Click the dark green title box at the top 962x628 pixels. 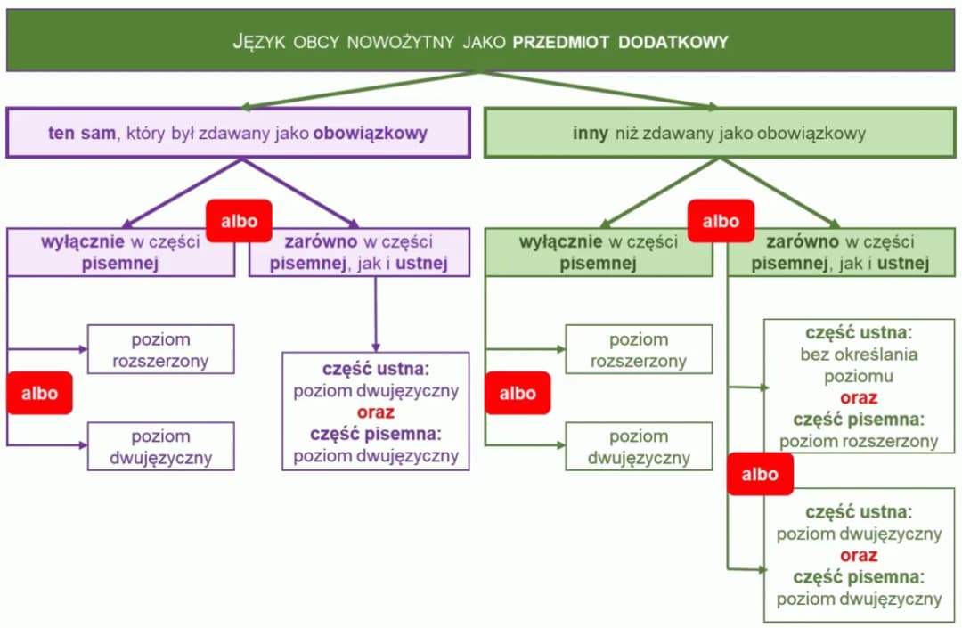(x=481, y=40)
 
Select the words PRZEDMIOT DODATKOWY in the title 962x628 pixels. (x=620, y=41)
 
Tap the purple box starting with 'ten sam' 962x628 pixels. (x=238, y=134)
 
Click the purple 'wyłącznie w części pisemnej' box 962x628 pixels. (x=121, y=252)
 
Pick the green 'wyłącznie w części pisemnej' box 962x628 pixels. (x=598, y=252)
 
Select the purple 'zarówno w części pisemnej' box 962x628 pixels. (x=358, y=252)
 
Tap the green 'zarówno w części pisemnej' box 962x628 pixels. (x=840, y=252)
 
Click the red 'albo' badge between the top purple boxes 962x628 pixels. (x=239, y=221)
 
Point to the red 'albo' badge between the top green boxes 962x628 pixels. (x=721, y=221)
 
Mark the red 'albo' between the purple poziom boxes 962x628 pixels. (x=39, y=393)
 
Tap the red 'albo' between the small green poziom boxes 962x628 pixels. (x=518, y=393)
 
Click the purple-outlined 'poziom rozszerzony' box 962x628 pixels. (x=160, y=349)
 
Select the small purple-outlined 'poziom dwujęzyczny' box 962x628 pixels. (x=160, y=446)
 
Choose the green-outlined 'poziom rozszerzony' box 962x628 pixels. (x=639, y=349)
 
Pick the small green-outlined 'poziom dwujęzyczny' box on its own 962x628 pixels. (x=639, y=446)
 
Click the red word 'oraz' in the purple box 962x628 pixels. (x=375, y=412)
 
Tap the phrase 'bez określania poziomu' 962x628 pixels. (x=859, y=365)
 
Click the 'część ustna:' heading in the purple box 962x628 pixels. (x=375, y=369)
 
